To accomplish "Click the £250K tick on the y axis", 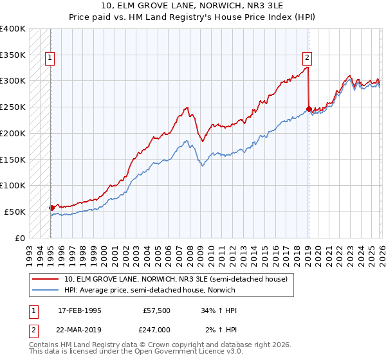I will [x=13, y=107].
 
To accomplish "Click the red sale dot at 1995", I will [x=51, y=208].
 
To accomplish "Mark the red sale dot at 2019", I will [x=309, y=109].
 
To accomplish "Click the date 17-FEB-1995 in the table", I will [x=79, y=310].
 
